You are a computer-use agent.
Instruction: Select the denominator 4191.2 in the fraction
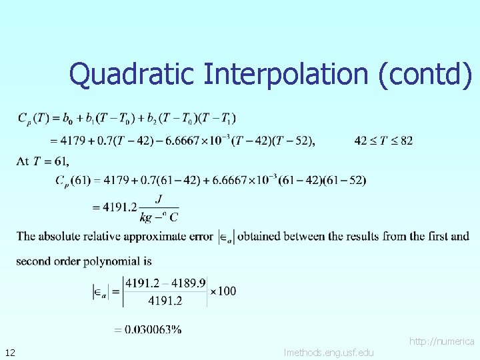click(x=161, y=301)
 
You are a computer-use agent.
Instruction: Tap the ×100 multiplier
click(x=223, y=291)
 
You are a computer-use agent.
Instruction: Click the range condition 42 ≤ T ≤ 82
click(x=383, y=140)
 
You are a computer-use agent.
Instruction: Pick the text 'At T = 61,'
click(x=43, y=160)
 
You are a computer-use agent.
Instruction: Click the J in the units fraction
click(x=158, y=198)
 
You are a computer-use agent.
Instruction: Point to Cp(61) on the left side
click(x=72, y=181)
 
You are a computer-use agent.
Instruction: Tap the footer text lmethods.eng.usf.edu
click(x=329, y=352)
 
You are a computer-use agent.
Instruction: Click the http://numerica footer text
click(x=442, y=341)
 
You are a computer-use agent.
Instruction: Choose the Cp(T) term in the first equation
click(x=31, y=119)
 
